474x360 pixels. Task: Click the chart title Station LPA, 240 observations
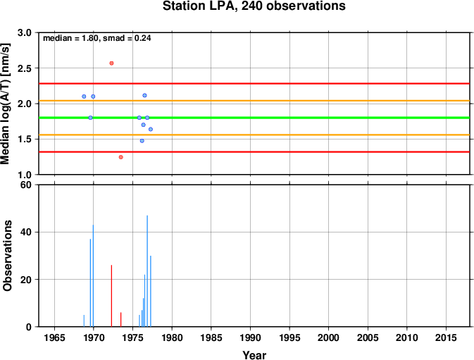pyautogui.click(x=254, y=6)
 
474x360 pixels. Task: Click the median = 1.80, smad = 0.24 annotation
pyautogui.click(x=97, y=38)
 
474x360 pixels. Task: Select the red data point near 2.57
pyautogui.click(x=111, y=63)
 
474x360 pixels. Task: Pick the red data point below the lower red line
pyautogui.click(x=121, y=157)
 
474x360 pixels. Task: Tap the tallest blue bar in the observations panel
pyautogui.click(x=147, y=271)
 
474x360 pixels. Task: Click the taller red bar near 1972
pyautogui.click(x=111, y=296)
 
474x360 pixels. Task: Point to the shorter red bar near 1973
pyautogui.click(x=121, y=320)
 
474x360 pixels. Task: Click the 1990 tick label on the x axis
pyautogui.click(x=250, y=337)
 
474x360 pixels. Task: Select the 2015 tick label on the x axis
pyautogui.click(x=446, y=337)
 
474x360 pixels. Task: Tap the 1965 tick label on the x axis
pyautogui.click(x=54, y=337)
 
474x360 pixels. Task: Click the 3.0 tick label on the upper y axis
pyautogui.click(x=25, y=32)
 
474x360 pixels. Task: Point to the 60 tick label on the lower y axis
pyautogui.click(x=26, y=185)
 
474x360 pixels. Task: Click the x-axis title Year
pyautogui.click(x=254, y=355)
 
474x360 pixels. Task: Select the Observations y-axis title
pyautogui.click(x=7, y=256)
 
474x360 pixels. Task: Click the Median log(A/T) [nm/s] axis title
pyautogui.click(x=6, y=104)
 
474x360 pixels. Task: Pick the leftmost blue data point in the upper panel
pyautogui.click(x=84, y=97)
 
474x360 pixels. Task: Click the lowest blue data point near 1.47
pyautogui.click(x=142, y=141)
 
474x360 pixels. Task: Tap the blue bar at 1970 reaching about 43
pyautogui.click(x=93, y=275)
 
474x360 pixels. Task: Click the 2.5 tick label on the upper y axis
pyautogui.click(x=25, y=68)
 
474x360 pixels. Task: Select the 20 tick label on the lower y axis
pyautogui.click(x=26, y=280)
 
